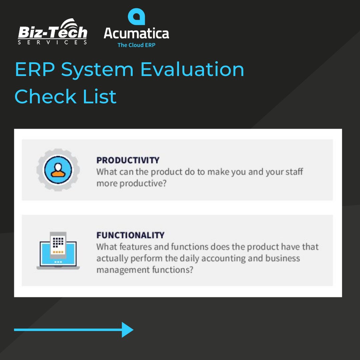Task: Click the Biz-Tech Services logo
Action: pos(52,33)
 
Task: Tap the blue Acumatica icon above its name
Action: pos(136,17)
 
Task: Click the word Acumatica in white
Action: pos(136,33)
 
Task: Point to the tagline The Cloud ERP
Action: pos(136,45)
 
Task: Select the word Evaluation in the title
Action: pos(192,70)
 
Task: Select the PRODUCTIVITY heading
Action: pos(128,160)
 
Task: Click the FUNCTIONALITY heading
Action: pos(130,235)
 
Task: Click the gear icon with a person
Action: pos(58,170)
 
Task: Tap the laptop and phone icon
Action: pos(58,250)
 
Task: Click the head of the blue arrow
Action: pos(127,330)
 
